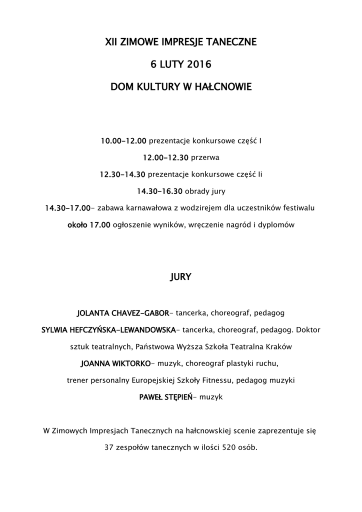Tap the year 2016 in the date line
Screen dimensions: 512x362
click(199, 65)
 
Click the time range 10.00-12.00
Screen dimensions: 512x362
click(123, 141)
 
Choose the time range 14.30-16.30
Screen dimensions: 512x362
click(160, 191)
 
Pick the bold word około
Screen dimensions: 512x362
click(77, 224)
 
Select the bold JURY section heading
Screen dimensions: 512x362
click(181, 276)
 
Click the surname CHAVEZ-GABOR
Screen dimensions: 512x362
click(141, 313)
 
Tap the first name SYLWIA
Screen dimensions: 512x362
click(55, 330)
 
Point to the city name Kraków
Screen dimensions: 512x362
click(280, 346)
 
